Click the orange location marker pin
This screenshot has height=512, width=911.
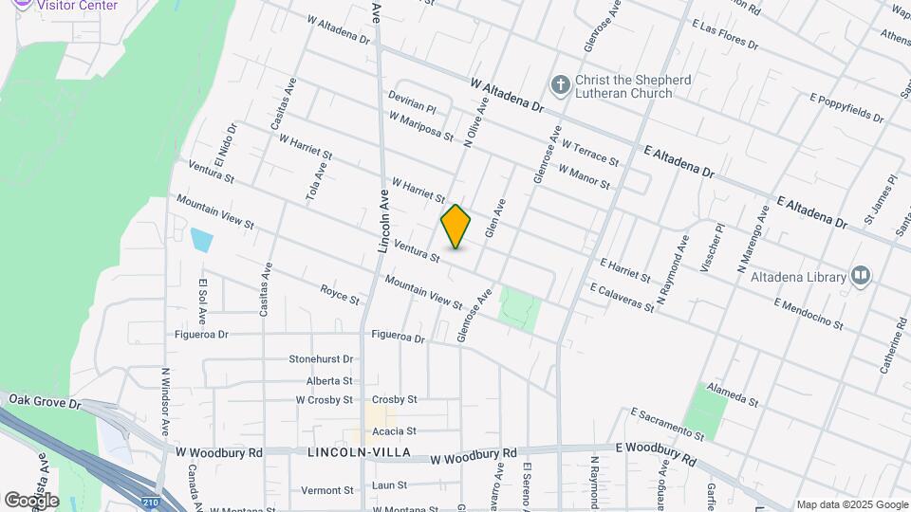tap(456, 227)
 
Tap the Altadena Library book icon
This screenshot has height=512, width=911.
tap(861, 276)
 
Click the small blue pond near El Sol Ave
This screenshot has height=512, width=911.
tap(201, 239)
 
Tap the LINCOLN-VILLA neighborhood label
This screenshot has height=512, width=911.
tap(359, 453)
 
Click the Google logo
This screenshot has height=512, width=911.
tap(31, 500)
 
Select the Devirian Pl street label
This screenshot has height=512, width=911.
tap(412, 102)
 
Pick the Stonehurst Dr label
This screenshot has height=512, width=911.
tap(321, 359)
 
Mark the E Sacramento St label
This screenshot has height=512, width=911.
tap(668, 424)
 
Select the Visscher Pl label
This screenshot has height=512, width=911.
tap(712, 248)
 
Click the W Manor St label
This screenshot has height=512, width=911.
tap(584, 177)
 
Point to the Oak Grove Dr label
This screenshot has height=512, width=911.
tap(46, 402)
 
